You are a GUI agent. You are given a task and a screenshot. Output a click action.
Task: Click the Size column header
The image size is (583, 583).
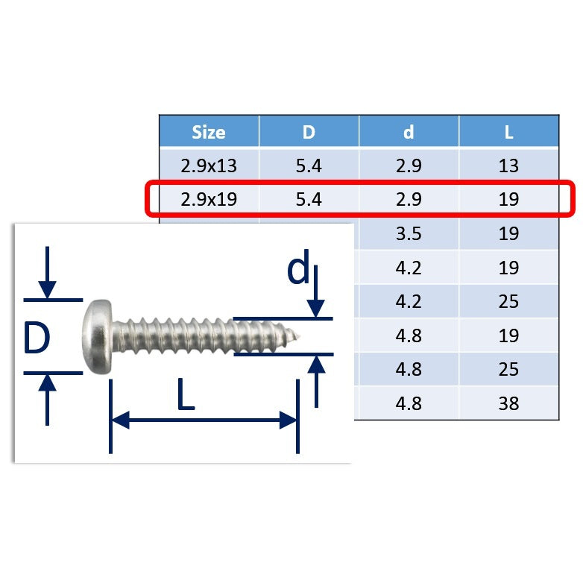(x=209, y=132)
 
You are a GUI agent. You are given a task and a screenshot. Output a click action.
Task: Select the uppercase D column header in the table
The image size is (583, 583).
(x=309, y=132)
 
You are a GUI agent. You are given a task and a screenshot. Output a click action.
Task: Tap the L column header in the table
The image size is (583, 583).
(x=508, y=132)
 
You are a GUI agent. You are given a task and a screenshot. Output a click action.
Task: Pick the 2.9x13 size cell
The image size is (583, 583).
(x=209, y=166)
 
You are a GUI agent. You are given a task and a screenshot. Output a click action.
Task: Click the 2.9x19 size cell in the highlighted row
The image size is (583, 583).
(x=209, y=199)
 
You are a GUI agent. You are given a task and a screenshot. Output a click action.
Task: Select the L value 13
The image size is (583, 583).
(x=508, y=166)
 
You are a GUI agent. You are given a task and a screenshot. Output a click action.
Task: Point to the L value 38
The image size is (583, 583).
(x=508, y=403)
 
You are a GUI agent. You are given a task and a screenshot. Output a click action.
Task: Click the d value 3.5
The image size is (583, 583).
(x=409, y=233)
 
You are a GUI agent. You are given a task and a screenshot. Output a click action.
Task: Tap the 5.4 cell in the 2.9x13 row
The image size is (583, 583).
(x=309, y=166)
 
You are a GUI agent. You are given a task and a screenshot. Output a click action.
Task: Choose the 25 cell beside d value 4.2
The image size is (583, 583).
(x=508, y=301)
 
